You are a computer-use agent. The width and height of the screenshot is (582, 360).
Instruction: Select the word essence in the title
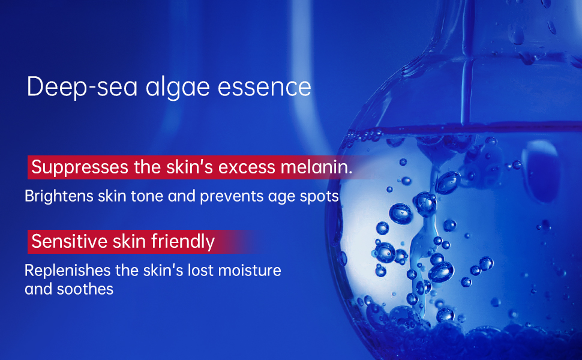265,88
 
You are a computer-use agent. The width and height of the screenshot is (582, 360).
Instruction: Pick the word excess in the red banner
247,167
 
